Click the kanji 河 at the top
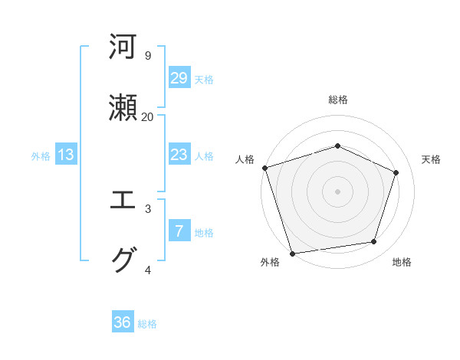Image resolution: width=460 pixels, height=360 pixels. (x=123, y=47)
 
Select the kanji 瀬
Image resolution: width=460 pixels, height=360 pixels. (x=123, y=107)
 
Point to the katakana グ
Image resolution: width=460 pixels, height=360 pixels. (x=123, y=260)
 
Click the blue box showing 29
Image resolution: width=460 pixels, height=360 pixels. (x=179, y=78)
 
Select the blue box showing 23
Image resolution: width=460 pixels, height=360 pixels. (x=179, y=155)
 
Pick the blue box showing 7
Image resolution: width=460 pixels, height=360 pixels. (x=179, y=231)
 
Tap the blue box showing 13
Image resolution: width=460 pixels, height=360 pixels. (x=66, y=155)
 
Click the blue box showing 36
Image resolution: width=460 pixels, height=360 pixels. (x=123, y=322)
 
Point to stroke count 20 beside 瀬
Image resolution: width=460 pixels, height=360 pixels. (x=147, y=116)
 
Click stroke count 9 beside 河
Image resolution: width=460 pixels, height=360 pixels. (x=147, y=55)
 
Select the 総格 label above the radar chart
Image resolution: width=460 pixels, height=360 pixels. (x=338, y=100)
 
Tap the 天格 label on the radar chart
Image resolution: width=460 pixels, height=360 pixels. (x=432, y=159)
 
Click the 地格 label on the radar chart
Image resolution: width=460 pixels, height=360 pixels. (x=402, y=262)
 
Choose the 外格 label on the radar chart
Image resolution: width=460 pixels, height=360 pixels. (x=270, y=262)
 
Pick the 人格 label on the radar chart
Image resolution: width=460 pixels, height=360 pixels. (x=245, y=159)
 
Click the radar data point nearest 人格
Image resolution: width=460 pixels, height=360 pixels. (x=264, y=168)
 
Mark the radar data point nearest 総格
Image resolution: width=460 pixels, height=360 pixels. (x=337, y=146)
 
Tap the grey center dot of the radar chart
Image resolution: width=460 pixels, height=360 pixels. (x=337, y=191)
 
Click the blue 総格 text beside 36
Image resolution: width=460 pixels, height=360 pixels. (x=147, y=324)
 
